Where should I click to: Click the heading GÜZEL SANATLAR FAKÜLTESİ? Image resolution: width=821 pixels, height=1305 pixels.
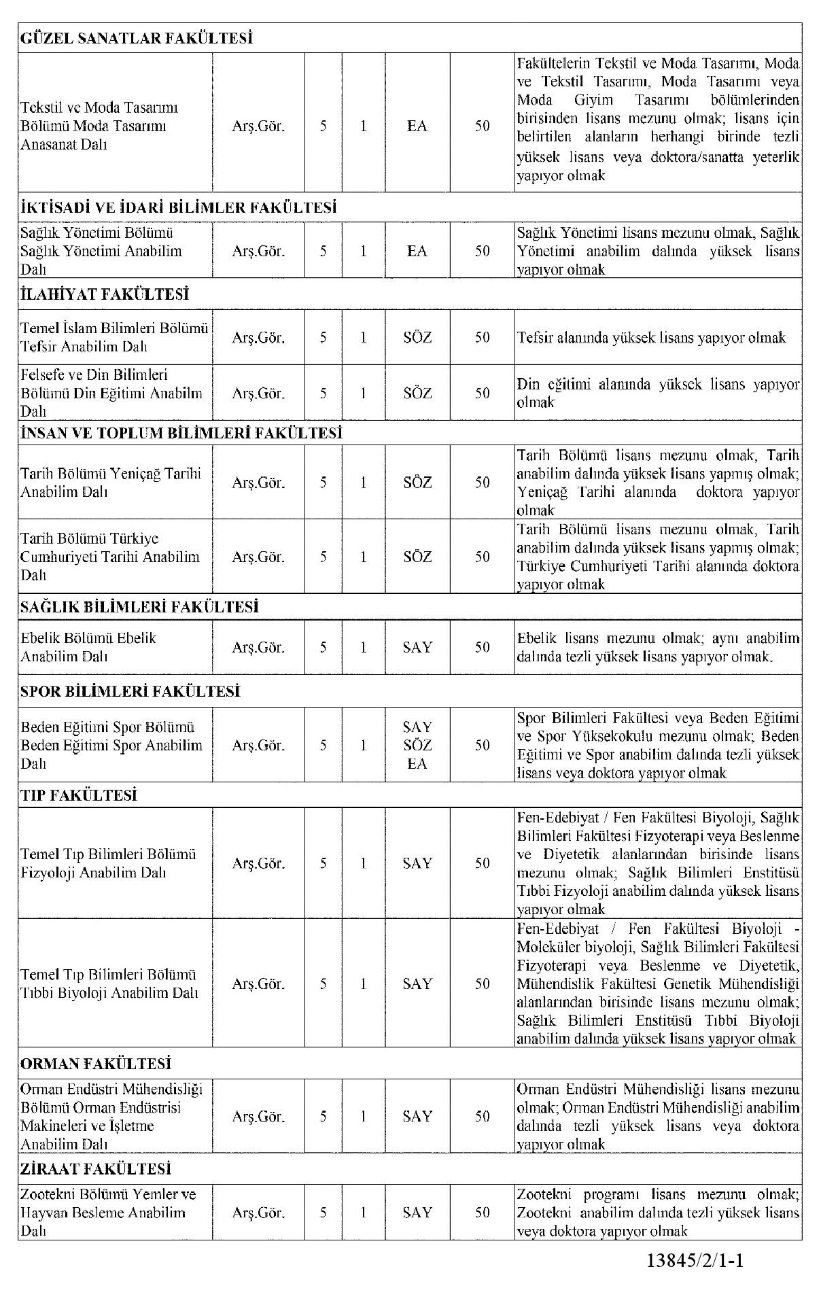tap(137, 38)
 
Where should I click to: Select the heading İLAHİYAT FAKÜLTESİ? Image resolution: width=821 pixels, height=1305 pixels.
tap(104, 294)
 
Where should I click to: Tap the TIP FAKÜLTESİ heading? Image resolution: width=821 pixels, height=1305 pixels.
tap(79, 795)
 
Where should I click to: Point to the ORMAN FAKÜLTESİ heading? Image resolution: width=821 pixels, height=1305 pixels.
tap(96, 1064)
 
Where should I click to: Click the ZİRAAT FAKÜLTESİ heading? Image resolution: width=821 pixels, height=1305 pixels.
tap(96, 1168)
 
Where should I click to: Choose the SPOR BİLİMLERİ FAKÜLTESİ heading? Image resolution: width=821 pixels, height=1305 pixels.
tap(130, 691)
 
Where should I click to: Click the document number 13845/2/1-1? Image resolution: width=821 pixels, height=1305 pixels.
tap(695, 1261)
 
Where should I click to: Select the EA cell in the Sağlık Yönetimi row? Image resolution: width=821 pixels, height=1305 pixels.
tap(417, 251)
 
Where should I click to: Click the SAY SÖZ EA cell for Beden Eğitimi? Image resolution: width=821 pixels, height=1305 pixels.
tap(417, 745)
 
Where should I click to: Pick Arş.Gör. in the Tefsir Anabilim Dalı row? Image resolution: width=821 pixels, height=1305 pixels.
tap(258, 338)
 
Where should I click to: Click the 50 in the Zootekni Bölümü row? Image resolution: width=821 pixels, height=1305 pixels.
tap(482, 1213)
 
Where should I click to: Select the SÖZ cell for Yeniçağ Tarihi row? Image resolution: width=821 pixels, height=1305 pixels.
tap(417, 483)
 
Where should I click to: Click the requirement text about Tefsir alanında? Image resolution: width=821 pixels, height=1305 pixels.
tap(651, 338)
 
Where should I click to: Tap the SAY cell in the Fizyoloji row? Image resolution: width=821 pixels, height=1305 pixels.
tap(417, 863)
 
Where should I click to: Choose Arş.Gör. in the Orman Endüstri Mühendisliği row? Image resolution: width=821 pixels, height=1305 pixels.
tap(258, 1116)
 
